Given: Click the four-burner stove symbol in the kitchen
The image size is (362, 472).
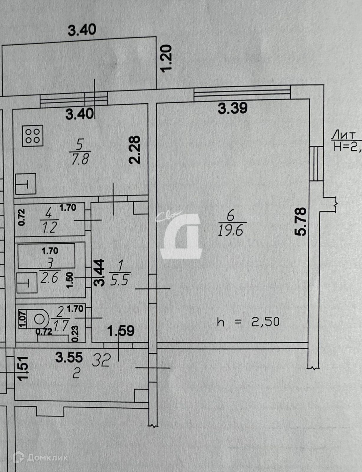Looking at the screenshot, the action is point(33,135).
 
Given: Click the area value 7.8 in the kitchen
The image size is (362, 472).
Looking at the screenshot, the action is point(80,159).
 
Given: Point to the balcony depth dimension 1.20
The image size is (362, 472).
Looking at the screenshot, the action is point(167,58).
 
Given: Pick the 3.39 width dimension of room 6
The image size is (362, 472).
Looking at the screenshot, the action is point(233,108).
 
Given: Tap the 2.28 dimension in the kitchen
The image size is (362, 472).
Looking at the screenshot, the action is point(135,150).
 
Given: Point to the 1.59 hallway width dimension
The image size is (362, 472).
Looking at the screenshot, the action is point(121,331).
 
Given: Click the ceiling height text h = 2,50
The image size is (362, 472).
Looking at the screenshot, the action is point(248,322).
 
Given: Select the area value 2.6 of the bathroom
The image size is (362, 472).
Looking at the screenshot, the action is point(49,278).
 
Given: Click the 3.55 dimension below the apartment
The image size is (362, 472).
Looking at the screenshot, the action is point(69,357).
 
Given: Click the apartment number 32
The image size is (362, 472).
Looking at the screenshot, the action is point(101,361).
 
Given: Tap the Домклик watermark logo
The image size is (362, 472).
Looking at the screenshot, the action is point(40,458).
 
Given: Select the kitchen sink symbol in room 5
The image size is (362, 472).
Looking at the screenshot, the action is point(25,184).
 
